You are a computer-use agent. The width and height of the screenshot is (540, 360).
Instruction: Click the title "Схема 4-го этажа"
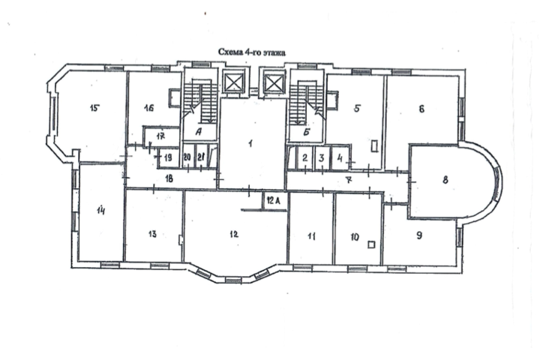[252, 52]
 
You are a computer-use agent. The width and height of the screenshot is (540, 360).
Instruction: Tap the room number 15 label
[94, 108]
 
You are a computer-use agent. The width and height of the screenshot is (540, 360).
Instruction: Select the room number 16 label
[148, 108]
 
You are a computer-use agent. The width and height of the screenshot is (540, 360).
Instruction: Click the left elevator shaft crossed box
[234, 82]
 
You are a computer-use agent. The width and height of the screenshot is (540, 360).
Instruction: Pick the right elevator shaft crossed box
[274, 82]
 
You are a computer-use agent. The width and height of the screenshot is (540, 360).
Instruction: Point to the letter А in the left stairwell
[198, 131]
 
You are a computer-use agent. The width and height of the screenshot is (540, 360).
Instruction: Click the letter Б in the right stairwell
[307, 131]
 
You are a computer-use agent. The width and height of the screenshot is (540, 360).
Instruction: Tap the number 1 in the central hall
[250, 143]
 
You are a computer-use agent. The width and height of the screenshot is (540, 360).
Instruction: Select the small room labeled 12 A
[274, 200]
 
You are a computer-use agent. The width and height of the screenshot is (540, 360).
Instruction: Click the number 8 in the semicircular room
[445, 180]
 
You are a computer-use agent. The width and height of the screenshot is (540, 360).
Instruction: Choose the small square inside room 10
[371, 244]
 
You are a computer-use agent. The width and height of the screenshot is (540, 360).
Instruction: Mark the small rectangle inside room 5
[375, 145]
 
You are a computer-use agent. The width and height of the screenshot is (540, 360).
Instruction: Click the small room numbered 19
[169, 158]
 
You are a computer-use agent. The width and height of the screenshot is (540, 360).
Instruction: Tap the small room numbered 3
[322, 157]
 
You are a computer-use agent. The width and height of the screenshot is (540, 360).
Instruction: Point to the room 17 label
[160, 136]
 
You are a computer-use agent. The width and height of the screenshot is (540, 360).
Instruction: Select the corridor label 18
[169, 178]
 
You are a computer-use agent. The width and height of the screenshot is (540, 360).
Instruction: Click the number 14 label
[100, 210]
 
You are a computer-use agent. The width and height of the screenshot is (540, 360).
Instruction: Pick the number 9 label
[419, 235]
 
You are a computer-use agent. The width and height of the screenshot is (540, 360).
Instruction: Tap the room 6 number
[421, 109]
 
